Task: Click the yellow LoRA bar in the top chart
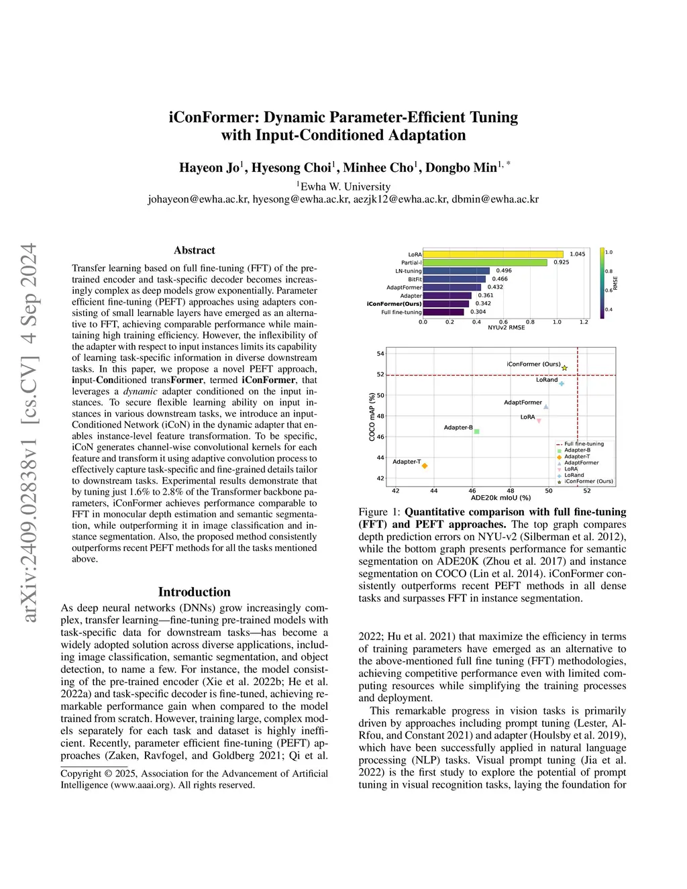coord(493,254)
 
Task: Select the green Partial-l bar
coord(485,262)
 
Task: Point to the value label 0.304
coord(478,312)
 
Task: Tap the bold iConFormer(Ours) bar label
coord(394,304)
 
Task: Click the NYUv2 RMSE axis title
coord(506,327)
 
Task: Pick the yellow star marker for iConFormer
coord(565,368)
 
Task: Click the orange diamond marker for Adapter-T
coord(425,466)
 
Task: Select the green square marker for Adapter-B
coord(477,431)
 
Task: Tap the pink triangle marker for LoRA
coord(539,421)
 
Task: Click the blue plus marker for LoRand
coord(562,383)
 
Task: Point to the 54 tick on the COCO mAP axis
coord(380,354)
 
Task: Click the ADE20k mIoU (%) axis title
coord(500,498)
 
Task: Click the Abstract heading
coord(195,250)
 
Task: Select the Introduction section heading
coord(195,592)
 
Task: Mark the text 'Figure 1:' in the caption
coord(380,512)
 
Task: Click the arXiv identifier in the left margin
coord(29,433)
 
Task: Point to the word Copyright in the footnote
coord(81,774)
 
